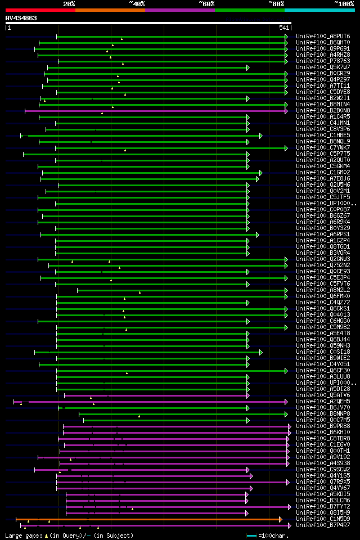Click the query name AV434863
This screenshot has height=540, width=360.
point(21,18)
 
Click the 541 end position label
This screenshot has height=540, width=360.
point(284,28)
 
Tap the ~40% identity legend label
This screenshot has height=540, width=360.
point(137,4)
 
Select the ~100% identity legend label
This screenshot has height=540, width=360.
point(344,4)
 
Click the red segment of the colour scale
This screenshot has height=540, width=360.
point(40,10)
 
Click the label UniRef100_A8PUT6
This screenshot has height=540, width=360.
point(323,36)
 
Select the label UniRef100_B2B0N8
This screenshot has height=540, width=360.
point(323,110)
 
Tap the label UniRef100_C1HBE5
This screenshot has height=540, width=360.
point(323,135)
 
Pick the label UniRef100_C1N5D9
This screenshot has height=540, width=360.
point(323,519)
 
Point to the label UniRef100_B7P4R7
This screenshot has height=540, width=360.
point(323,525)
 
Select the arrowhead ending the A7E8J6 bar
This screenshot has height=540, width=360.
point(258,179)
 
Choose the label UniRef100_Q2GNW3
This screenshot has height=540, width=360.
point(323,259)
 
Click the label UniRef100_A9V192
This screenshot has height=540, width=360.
point(323,457)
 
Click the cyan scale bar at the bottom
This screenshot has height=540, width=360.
point(251,535)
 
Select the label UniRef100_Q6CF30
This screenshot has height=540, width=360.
point(323,370)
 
